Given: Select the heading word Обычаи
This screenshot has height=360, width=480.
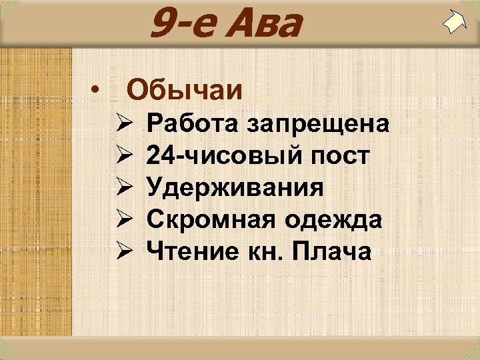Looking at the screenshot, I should click(x=185, y=89).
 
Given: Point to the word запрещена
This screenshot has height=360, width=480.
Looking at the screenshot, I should click(x=318, y=125).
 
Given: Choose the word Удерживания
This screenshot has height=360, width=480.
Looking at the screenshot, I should click(x=236, y=188).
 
